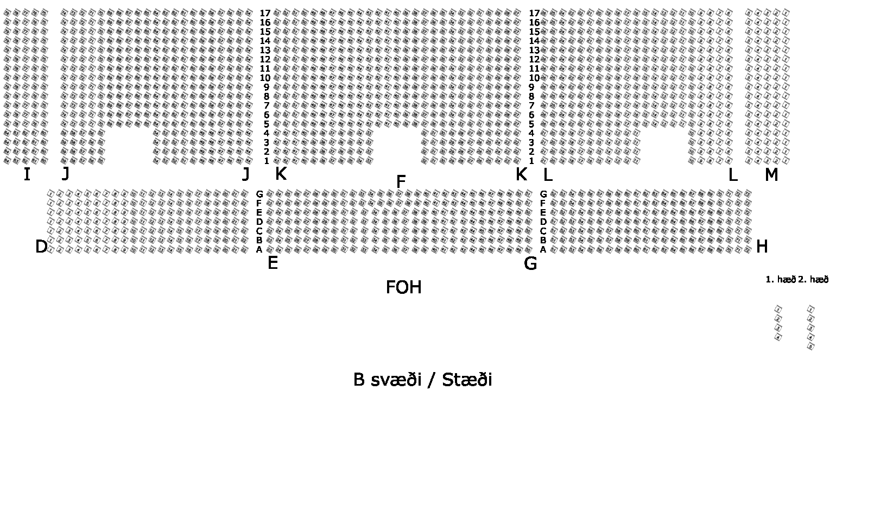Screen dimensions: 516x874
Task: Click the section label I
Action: point(27,174)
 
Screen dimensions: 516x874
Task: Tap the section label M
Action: point(771,175)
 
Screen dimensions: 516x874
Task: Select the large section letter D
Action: point(41,247)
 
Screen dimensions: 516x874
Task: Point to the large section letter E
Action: point(273,263)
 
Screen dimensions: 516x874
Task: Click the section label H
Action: point(762,247)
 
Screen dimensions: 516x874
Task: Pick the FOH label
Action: point(403,287)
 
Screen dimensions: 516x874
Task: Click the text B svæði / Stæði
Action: point(422,380)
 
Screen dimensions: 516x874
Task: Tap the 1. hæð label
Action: point(780,280)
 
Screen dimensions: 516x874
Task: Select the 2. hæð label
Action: point(813,280)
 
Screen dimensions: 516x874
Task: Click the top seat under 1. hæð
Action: point(778,309)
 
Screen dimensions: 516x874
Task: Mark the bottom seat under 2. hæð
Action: point(811,346)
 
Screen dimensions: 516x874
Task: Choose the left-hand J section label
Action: point(66,174)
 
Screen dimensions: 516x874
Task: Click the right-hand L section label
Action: point(732,175)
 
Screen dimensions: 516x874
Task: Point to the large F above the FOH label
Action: point(401,182)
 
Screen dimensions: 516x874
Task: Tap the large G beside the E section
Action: point(530,263)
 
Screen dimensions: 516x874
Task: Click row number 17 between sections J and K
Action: point(265,13)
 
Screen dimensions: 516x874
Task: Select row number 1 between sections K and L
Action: point(531,161)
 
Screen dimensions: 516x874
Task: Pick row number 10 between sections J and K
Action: point(265,78)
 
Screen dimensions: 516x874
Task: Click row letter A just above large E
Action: point(259,250)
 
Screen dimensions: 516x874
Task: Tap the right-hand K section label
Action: point(521,174)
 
